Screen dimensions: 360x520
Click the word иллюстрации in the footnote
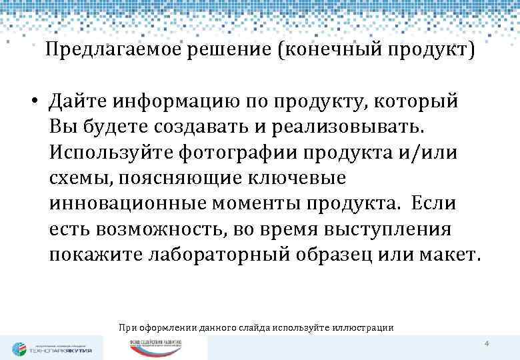pos(365,327)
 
